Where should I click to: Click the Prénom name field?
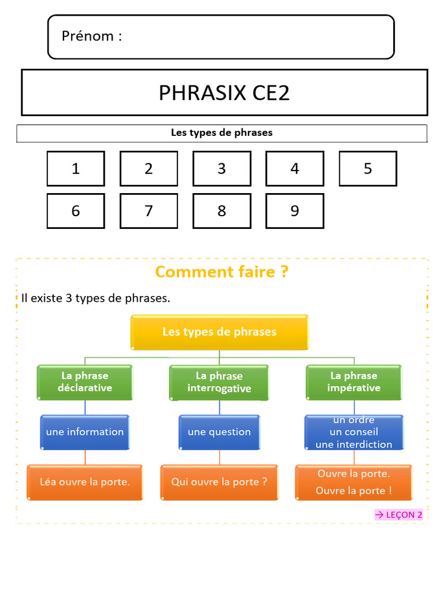(221, 37)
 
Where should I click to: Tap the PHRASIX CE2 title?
(224, 92)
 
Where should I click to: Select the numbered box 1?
(76, 169)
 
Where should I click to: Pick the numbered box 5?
(368, 169)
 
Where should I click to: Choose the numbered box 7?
(149, 211)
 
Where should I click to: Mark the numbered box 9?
(295, 211)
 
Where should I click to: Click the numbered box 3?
(221, 169)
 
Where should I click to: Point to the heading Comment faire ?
(221, 271)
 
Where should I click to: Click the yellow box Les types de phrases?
(219, 332)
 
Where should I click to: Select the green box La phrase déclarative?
(85, 382)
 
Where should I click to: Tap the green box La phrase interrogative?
(219, 382)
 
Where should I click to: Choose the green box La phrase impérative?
(354, 382)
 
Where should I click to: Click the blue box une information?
(85, 432)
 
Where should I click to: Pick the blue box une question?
(219, 432)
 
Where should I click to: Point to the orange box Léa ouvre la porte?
(85, 482)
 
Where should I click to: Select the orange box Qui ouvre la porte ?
(219, 482)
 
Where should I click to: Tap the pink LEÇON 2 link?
(399, 515)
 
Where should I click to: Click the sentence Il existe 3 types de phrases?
(96, 298)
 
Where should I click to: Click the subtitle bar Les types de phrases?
(221, 133)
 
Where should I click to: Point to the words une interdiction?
(354, 445)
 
